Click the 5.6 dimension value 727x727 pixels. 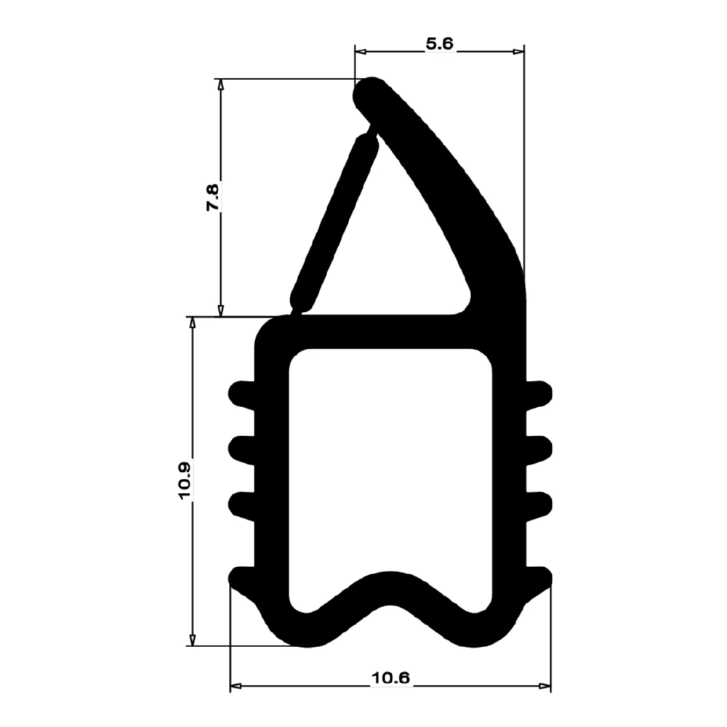tap(439, 44)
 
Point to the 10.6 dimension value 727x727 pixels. tap(390, 678)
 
